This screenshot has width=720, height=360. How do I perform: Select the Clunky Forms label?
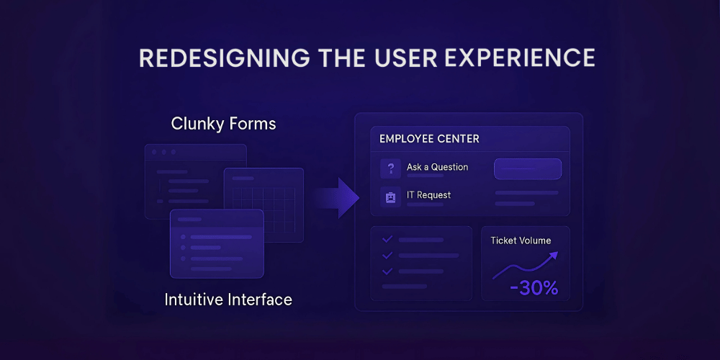[224, 124]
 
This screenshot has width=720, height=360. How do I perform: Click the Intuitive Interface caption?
[228, 300]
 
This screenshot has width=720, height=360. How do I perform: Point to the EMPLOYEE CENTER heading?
[429, 139]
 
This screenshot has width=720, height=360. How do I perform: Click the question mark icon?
[390, 168]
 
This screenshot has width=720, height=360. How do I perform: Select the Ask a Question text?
[437, 167]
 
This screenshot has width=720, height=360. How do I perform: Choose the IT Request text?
[429, 195]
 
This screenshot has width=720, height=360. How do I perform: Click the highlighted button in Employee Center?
[528, 169]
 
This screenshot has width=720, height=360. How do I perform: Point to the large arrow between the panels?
[336, 198]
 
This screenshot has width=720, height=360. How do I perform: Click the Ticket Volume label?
[521, 240]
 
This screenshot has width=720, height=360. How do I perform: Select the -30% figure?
[534, 288]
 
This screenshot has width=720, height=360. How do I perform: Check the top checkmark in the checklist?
[387, 239]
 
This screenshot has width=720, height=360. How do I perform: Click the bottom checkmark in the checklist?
[387, 271]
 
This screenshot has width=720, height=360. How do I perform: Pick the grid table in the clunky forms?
[264, 204]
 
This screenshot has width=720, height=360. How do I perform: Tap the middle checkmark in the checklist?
[387, 256]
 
